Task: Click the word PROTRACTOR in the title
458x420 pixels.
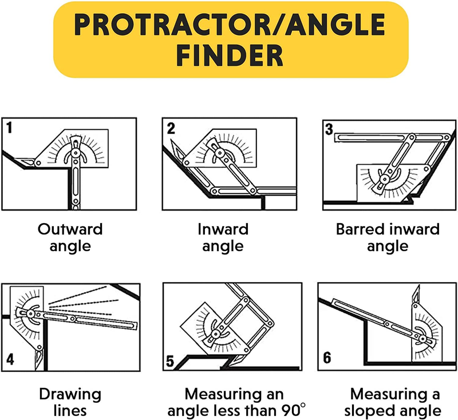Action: coord(172,25)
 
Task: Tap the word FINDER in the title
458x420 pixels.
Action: coord(230,56)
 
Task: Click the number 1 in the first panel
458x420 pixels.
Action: coord(9,128)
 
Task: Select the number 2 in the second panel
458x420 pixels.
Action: coord(171,128)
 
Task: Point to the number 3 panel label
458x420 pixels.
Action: coord(329,129)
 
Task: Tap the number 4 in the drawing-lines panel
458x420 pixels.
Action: coord(10,359)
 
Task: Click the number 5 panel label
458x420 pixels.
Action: coord(170,361)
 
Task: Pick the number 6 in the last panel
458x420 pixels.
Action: coord(327,358)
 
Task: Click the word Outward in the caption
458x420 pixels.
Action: coord(70,229)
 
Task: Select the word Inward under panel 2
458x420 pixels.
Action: coord(223,229)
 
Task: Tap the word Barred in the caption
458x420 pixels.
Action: coord(357,229)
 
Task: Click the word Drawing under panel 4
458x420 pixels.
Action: coord(70,395)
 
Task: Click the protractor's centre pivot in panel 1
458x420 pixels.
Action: coord(76,152)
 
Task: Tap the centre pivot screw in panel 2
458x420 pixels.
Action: coord(218,152)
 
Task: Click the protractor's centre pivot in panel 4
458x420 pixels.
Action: coord(31,314)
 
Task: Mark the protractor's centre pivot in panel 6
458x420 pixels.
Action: coord(423,339)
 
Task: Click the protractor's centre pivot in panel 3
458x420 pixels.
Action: coord(385,179)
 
